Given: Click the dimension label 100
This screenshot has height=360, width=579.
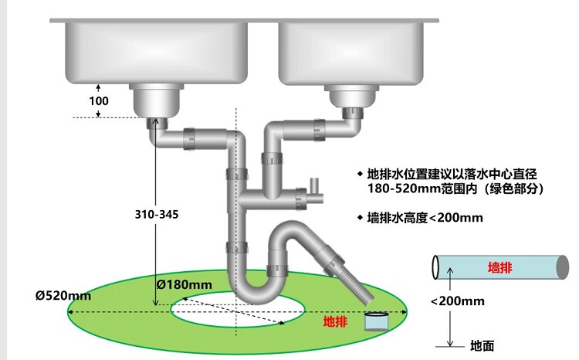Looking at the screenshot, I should click(x=100, y=100).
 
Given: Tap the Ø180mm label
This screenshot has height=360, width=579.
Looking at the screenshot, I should click(x=184, y=284).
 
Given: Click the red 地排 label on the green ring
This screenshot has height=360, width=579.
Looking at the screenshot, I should click(x=334, y=321).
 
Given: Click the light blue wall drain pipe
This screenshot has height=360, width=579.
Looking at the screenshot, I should click(x=502, y=267).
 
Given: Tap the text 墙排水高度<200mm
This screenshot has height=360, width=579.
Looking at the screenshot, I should click(x=425, y=218).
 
